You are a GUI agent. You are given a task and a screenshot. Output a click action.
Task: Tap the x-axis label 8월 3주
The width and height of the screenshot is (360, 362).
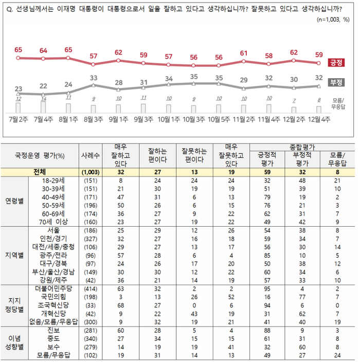coord(93,120)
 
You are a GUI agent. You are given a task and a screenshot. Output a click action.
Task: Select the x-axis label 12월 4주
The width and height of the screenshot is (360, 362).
coord(319,120)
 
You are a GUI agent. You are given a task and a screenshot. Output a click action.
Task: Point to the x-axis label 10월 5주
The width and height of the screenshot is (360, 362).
coord(219,120)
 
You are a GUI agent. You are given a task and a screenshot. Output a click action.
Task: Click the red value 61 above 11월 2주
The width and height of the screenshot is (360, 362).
coord(244,53)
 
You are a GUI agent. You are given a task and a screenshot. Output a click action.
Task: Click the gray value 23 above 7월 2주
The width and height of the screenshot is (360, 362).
coord(19,88)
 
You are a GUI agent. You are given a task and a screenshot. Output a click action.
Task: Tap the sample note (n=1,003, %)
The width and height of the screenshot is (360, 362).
coord(333,20)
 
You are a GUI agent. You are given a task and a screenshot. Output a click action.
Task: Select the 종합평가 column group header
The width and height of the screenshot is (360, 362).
coord(301,147)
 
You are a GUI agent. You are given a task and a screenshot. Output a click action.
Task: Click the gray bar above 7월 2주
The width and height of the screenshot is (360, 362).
coord(19,107)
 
